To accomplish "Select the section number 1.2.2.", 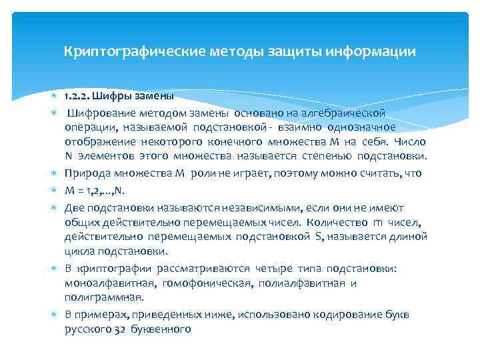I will tap(79, 97).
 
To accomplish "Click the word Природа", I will tap(87, 173).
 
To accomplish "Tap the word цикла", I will tap(79, 251).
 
